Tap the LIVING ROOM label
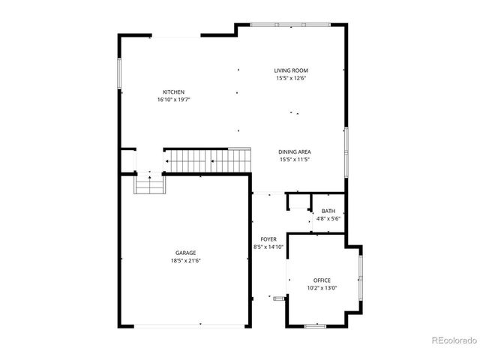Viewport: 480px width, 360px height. coord(292,70)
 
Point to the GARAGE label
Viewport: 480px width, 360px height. coord(186,253)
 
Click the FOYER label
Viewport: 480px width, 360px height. coord(268,238)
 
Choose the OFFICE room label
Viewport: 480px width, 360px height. coord(322,280)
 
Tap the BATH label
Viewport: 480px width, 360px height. coord(328,211)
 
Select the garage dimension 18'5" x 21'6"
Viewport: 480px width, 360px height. coord(186,261)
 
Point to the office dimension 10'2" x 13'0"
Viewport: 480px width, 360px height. coord(322,288)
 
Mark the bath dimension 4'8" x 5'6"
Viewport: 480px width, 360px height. coord(328,218)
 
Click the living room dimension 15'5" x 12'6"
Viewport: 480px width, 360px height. coord(292,78)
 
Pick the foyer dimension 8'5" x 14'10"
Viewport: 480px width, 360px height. coord(268,246)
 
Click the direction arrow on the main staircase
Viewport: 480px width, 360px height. coord(213,160)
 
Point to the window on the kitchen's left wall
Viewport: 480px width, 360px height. coord(119,76)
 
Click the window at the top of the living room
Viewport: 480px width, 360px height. coord(289,25)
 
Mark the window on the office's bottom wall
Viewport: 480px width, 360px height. coord(316,325)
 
